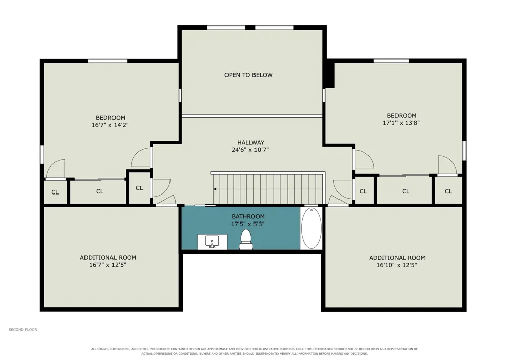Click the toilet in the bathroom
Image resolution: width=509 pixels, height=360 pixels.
tap(246, 239)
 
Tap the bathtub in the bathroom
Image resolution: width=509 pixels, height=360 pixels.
tap(312, 228)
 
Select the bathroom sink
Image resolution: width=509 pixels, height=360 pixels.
tap(212, 242)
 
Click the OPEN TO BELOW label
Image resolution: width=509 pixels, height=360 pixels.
tap(249, 75)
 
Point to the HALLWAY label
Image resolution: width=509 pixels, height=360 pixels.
tap(250, 142)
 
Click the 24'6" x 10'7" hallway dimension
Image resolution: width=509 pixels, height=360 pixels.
tap(250, 150)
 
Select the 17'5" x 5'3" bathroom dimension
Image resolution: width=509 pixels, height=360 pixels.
tap(248, 224)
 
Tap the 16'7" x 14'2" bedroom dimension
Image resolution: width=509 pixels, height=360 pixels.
tap(110, 125)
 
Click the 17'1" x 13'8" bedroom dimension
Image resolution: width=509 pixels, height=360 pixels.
tap(401, 123)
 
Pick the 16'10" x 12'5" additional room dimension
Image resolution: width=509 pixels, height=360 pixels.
tap(397, 265)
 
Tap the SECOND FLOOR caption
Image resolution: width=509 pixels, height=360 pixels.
tap(23, 330)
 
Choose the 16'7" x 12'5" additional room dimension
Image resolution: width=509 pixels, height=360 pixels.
tap(107, 265)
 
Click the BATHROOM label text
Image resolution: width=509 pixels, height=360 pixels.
tap(248, 216)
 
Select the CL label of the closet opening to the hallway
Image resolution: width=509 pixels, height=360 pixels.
tap(139, 188)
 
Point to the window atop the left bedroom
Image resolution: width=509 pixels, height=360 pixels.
tap(107, 61)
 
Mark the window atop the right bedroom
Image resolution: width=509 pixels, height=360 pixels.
tap(391, 61)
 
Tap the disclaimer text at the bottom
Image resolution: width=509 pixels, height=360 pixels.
tap(254, 351)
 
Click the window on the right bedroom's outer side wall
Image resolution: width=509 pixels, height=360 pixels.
tap(465, 151)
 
